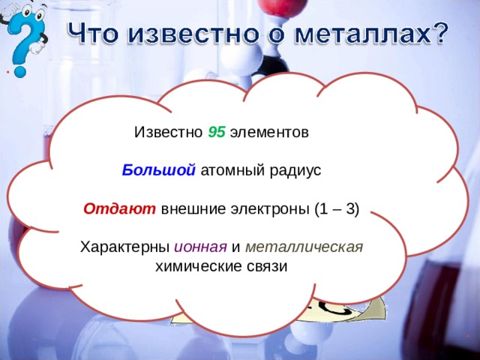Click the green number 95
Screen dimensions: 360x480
[216, 132]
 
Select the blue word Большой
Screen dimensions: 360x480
[159, 170]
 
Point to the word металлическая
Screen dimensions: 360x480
[304, 247]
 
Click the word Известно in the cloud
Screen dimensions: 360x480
[168, 132]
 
